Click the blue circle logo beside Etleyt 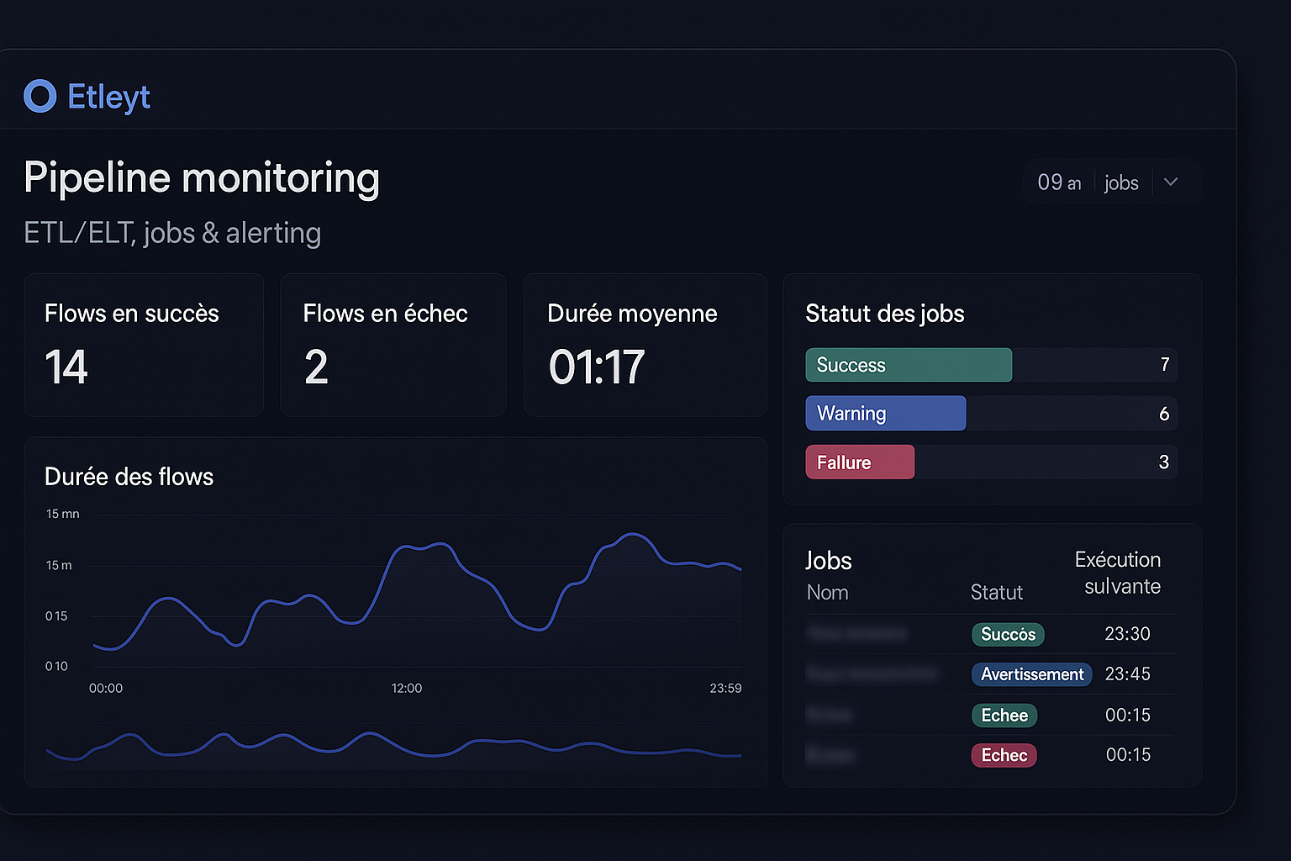(x=40, y=97)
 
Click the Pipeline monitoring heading (x=202, y=178)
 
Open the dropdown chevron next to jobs (x=1171, y=182)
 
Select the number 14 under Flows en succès (x=66, y=367)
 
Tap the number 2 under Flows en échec (x=316, y=367)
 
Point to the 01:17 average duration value (x=597, y=367)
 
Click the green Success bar (x=909, y=365)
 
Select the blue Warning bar (x=885, y=414)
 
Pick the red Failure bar (x=860, y=462)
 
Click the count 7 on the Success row (x=1165, y=365)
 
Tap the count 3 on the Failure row (x=1164, y=462)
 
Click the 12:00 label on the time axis (x=407, y=689)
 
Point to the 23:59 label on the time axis (x=725, y=689)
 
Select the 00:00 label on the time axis (x=106, y=689)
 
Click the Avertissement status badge (x=1032, y=674)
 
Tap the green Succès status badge (x=1008, y=634)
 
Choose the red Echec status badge (x=1004, y=755)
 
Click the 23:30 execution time (x=1127, y=634)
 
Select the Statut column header (x=997, y=593)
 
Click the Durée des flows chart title (x=129, y=478)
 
